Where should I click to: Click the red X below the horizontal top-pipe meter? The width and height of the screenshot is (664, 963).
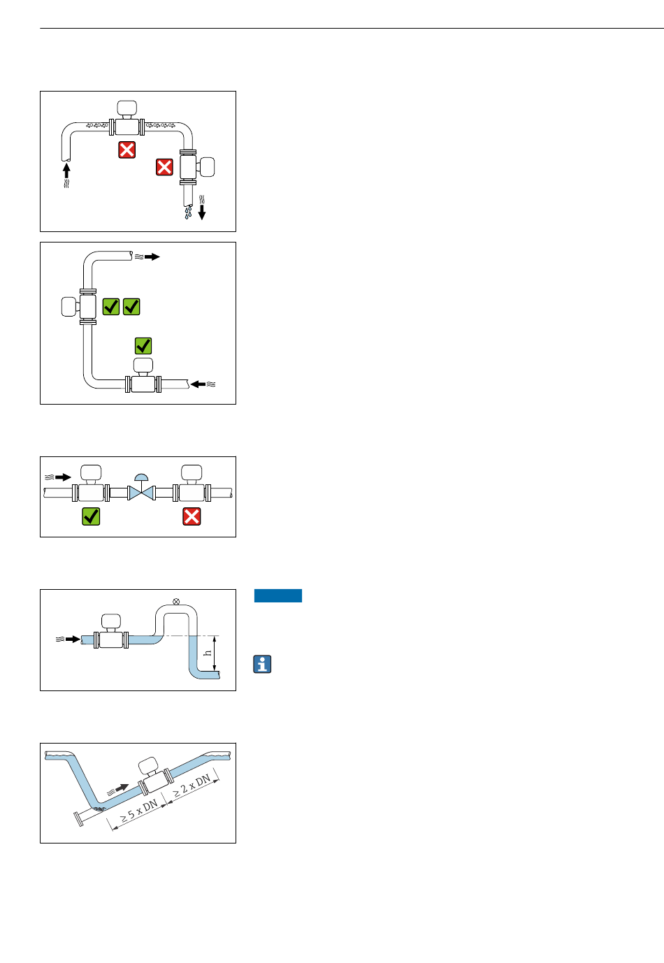tap(127, 150)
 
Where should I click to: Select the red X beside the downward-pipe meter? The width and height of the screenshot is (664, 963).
tap(164, 167)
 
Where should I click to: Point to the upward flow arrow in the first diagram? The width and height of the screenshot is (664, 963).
tap(66, 171)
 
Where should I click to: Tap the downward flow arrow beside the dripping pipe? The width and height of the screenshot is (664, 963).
tap(202, 211)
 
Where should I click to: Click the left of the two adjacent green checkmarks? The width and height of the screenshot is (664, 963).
tap(111, 307)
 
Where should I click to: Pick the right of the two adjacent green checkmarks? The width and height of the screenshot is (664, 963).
tap(131, 307)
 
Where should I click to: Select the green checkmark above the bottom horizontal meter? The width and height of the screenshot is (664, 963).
tap(143, 345)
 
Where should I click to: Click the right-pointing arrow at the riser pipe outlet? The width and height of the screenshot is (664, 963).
tap(152, 257)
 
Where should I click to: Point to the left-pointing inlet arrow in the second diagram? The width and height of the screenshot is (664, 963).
tap(199, 384)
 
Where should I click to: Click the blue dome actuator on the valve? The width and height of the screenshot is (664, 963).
tap(142, 477)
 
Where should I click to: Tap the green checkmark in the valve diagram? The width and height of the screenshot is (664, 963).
tap(91, 516)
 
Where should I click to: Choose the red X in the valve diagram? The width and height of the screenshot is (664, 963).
tap(192, 516)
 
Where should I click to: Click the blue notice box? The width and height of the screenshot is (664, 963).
tap(278, 595)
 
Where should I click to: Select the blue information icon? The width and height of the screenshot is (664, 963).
tap(262, 665)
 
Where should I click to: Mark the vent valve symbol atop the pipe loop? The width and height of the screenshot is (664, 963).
tap(176, 601)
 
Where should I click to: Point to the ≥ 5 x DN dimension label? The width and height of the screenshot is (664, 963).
tap(139, 810)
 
